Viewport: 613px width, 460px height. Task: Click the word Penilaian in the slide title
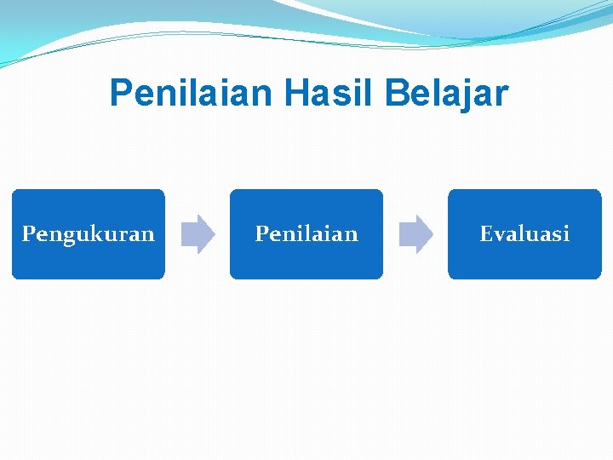(192, 94)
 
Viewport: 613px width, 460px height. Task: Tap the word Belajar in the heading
(445, 94)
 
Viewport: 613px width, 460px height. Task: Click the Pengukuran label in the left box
(89, 234)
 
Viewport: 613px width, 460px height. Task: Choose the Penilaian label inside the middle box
(306, 233)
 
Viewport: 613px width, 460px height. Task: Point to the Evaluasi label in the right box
(524, 233)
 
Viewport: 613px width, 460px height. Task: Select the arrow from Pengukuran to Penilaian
(198, 234)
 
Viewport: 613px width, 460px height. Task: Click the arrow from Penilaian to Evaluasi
(416, 234)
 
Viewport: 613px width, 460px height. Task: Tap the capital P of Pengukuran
(28, 233)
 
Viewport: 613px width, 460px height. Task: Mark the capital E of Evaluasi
(486, 233)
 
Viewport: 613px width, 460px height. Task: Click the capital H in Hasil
(296, 94)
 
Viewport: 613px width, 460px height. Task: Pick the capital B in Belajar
(396, 94)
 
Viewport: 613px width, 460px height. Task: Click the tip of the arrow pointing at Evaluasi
(432, 234)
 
